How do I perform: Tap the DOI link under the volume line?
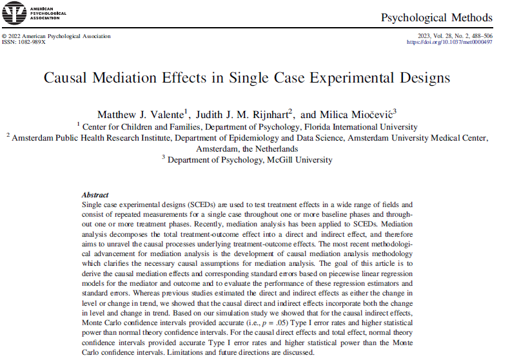point(449,42)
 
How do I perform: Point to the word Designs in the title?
point(418,78)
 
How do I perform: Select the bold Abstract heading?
point(95,195)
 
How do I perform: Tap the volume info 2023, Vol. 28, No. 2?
point(440,35)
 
